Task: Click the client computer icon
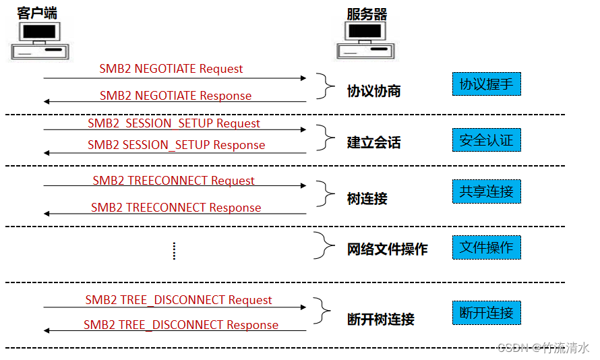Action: [x=40, y=40]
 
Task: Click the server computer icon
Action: [x=364, y=40]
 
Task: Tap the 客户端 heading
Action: [x=38, y=13]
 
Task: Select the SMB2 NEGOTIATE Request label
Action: [x=171, y=69]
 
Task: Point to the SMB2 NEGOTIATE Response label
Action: [x=175, y=96]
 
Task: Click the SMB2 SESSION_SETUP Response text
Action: [x=176, y=145]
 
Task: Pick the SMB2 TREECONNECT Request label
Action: [x=173, y=181]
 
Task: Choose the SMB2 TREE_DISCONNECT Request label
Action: [x=178, y=300]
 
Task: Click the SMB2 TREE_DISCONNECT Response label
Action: [x=181, y=325]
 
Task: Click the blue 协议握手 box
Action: [x=486, y=84]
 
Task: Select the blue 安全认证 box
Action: [x=486, y=140]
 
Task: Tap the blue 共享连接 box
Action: [x=486, y=191]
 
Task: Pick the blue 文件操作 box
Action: [x=486, y=247]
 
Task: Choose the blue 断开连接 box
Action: [x=486, y=313]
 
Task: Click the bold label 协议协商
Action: [x=373, y=91]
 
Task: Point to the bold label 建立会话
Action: [x=373, y=143]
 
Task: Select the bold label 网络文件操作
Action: [x=387, y=249]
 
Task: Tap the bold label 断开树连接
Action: [x=380, y=320]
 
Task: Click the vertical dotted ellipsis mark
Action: [x=174, y=251]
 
